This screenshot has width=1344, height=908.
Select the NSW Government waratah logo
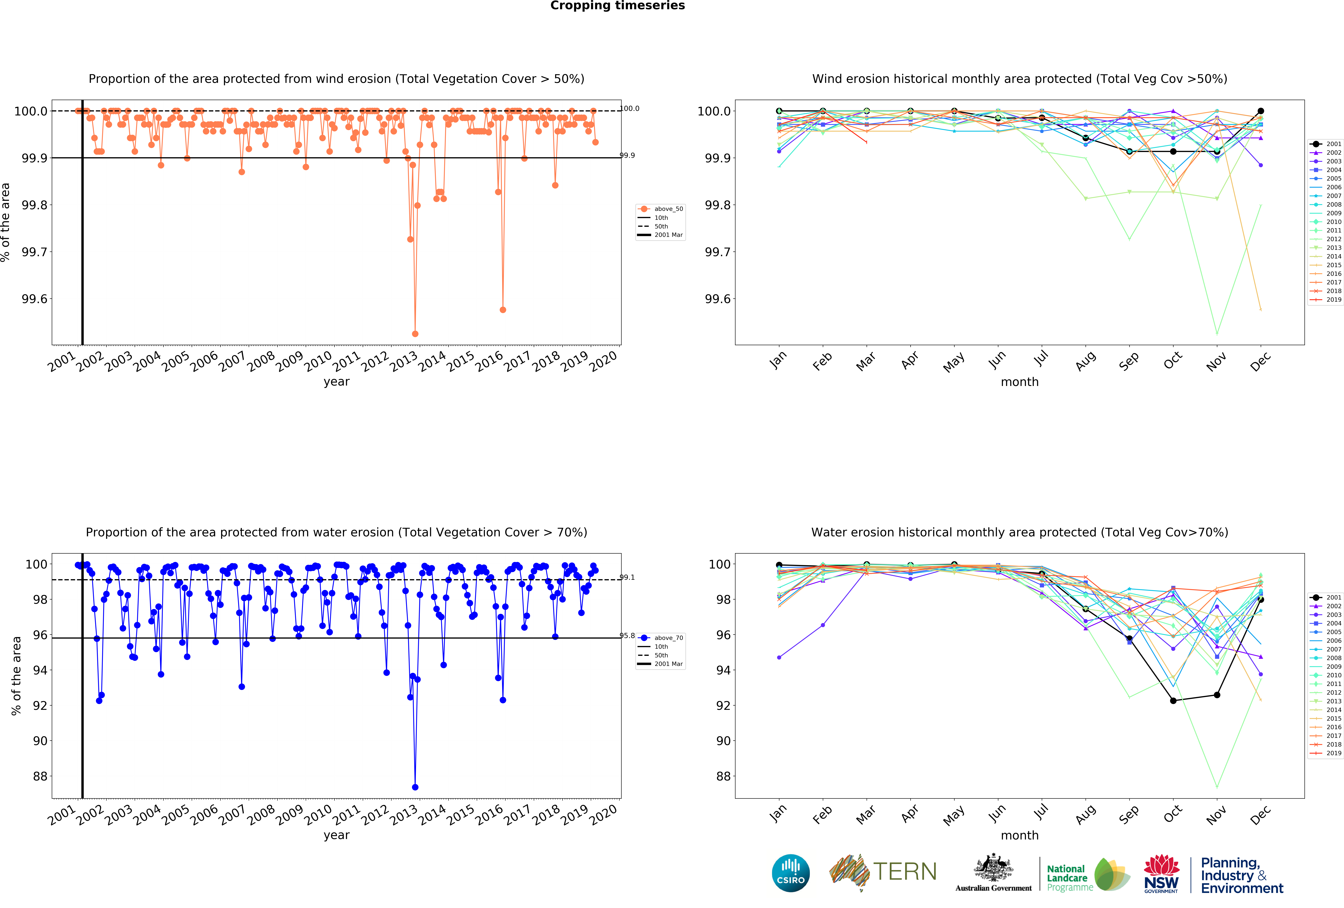(1161, 873)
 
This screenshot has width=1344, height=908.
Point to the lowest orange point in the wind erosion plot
(415, 334)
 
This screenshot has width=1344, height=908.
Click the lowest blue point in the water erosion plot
(415, 787)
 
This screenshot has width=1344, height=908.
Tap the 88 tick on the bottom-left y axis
(40, 776)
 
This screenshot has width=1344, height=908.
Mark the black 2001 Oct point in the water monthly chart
(1173, 700)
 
